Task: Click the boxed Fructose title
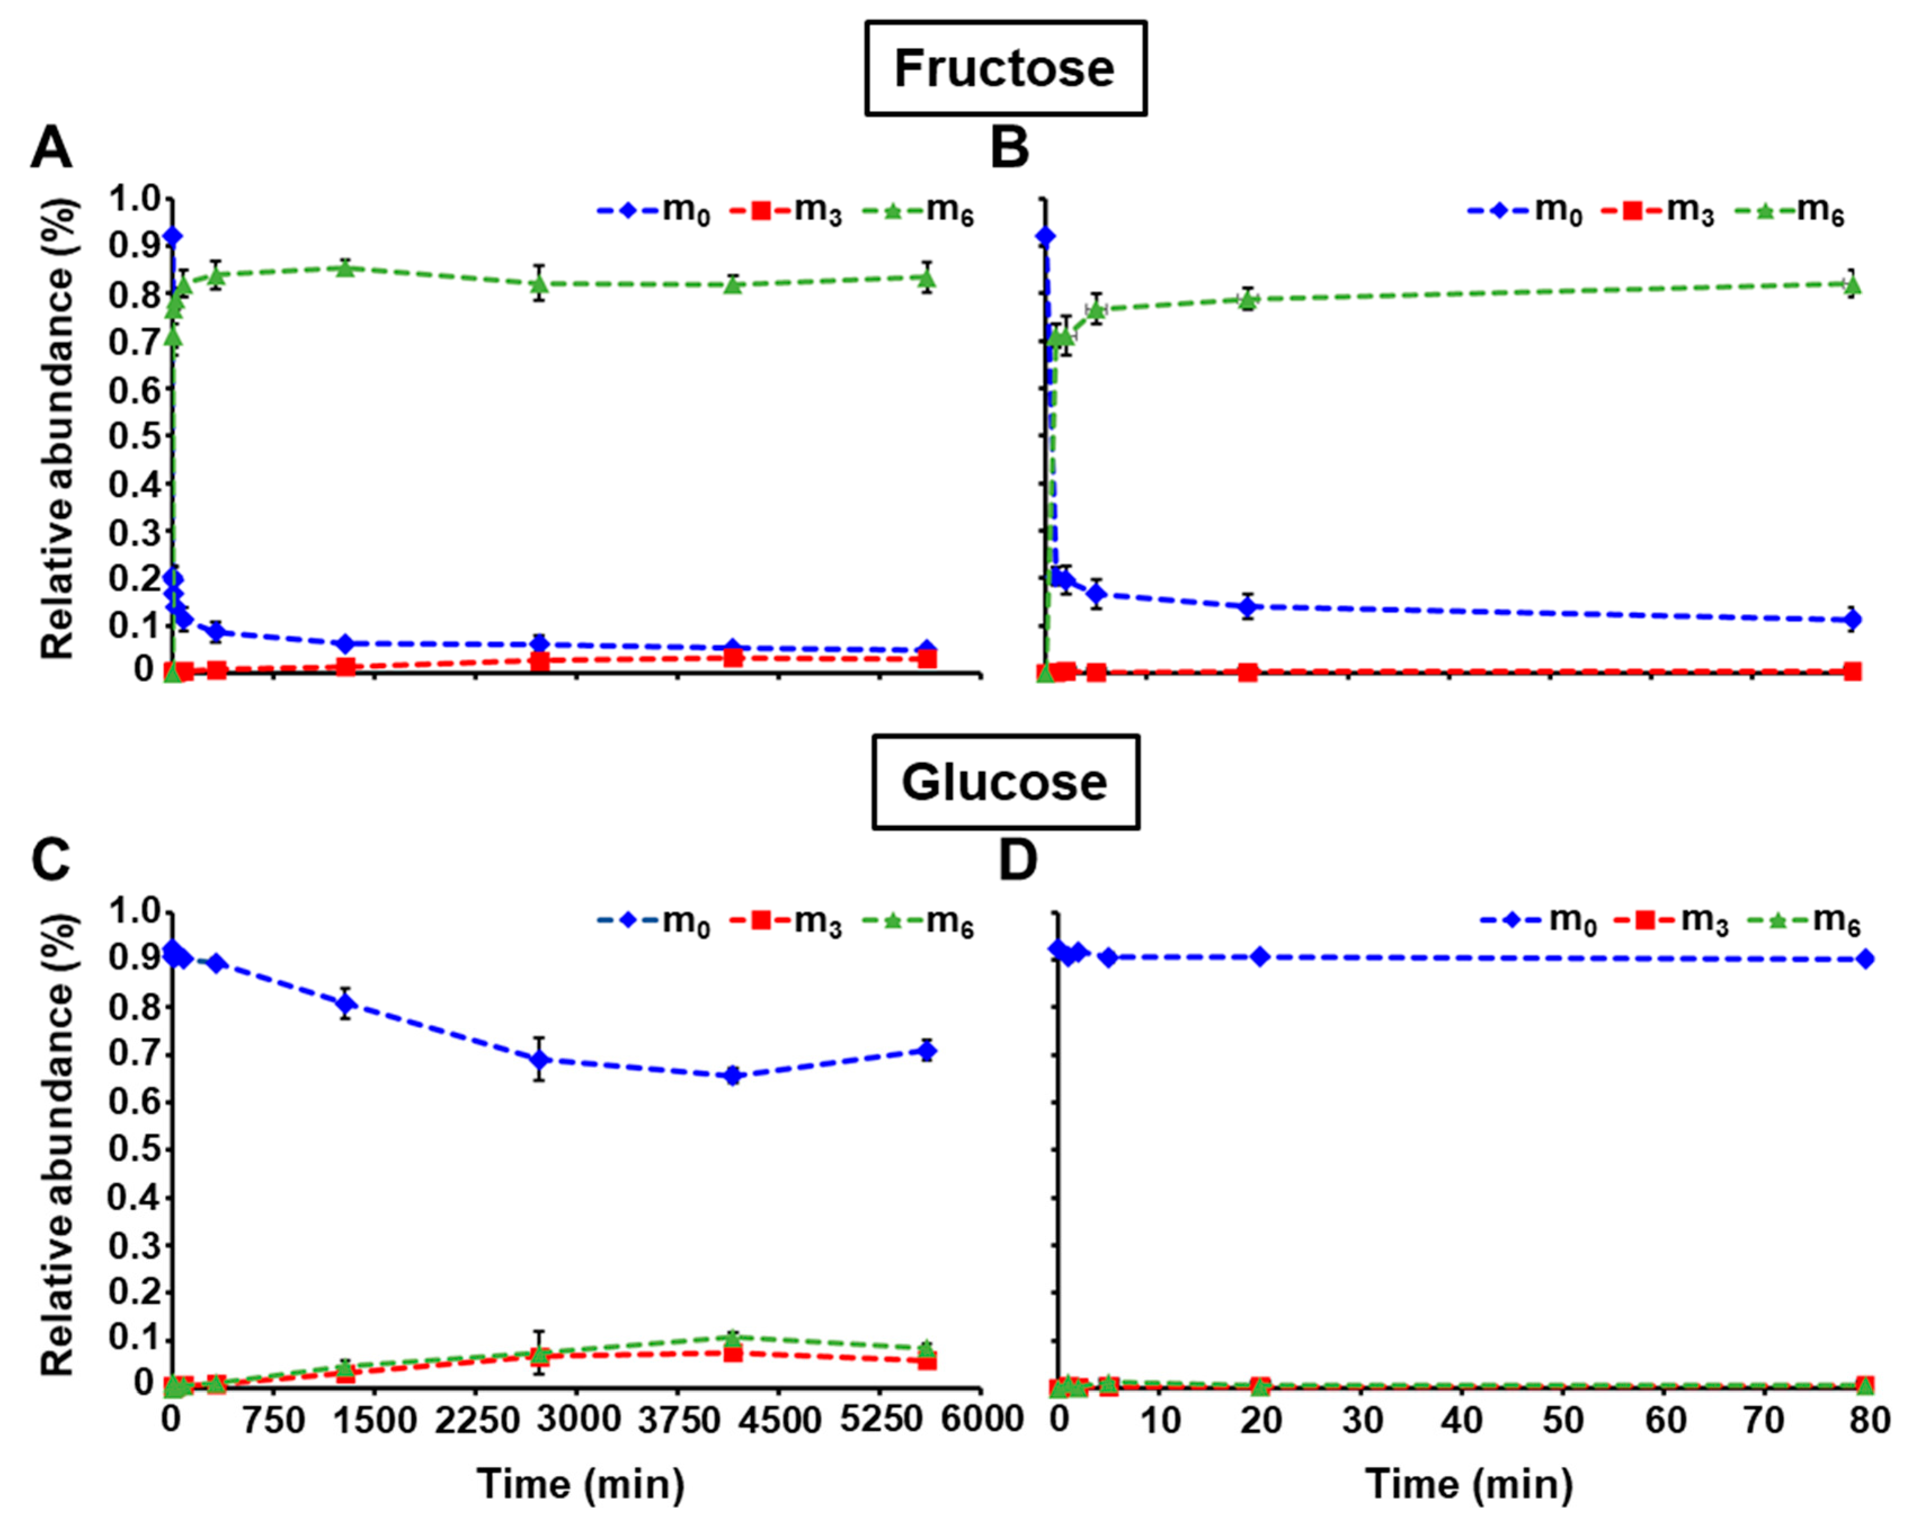pos(1005,68)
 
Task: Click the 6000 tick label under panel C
pos(980,1420)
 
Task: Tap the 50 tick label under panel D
pos(1563,1420)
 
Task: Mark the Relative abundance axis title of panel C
pos(57,1145)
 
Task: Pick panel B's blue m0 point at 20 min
pos(1249,607)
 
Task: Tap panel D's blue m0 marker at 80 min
pos(1865,958)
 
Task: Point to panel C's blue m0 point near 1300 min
pos(346,1003)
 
